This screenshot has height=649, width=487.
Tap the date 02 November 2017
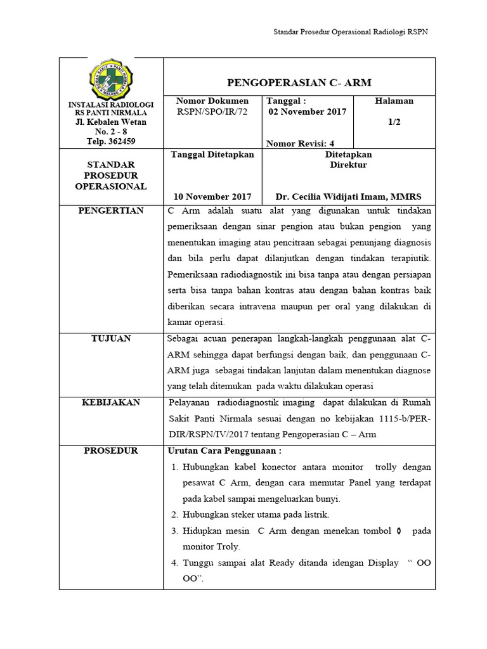308,112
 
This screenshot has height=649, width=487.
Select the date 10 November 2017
212,196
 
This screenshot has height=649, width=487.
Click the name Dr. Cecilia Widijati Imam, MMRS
348,196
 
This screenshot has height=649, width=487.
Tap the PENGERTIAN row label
111,210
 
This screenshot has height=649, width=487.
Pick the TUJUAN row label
111,338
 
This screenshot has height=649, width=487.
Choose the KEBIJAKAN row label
111,402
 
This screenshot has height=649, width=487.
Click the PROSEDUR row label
111,451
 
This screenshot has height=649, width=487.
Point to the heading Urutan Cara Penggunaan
223,451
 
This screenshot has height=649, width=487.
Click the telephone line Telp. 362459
111,141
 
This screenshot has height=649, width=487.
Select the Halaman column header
394,101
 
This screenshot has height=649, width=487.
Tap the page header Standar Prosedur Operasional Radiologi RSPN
351,32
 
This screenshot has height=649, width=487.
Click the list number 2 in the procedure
175,515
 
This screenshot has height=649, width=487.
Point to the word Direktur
348,165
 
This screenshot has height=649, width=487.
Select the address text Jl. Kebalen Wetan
111,122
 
